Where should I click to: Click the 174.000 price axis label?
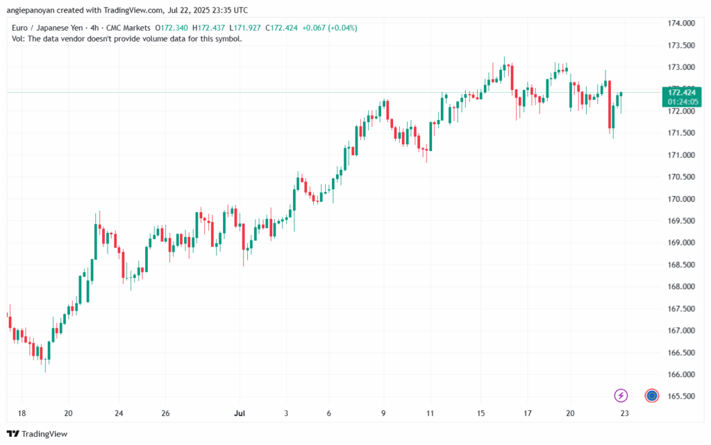(x=681, y=24)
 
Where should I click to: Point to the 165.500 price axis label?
(x=681, y=396)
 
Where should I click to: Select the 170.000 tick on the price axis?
(x=681, y=199)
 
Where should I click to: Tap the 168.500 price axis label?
(x=681, y=265)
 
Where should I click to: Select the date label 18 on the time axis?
(x=22, y=414)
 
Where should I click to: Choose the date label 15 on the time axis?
(x=480, y=414)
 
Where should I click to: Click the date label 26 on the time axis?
(x=165, y=414)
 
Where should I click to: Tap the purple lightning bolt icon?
(x=621, y=396)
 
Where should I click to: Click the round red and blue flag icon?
(x=651, y=396)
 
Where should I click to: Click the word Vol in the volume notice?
(x=18, y=39)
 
